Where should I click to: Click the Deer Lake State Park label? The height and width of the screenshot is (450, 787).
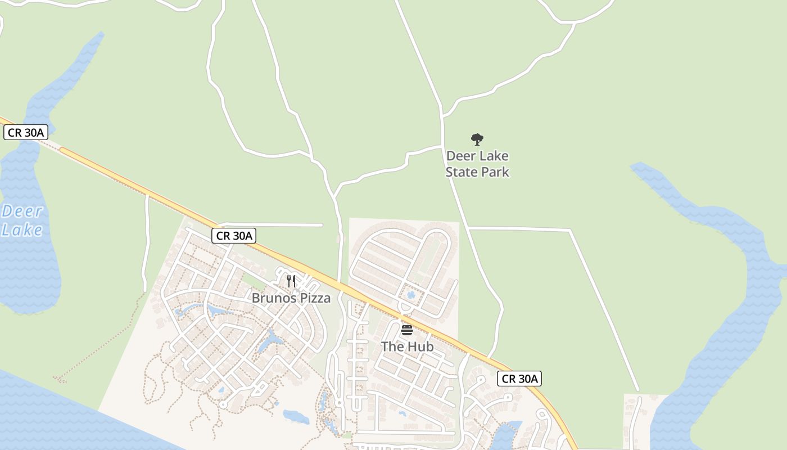click(477, 164)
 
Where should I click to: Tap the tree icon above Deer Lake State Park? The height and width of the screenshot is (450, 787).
click(477, 139)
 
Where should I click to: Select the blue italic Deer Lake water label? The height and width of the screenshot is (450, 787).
click(22, 220)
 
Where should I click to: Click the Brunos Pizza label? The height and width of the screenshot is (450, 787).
click(291, 298)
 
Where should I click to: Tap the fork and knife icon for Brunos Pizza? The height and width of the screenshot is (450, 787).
click(291, 281)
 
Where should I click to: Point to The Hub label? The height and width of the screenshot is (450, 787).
click(408, 346)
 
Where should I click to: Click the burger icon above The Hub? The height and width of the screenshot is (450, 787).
click(407, 330)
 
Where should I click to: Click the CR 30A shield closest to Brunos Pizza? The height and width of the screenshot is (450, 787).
click(234, 236)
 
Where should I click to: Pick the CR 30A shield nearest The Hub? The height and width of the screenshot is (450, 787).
click(519, 379)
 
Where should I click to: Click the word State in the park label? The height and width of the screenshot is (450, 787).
click(463, 172)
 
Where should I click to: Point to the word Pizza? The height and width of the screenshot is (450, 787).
click(315, 298)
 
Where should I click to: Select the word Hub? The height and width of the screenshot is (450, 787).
click(421, 346)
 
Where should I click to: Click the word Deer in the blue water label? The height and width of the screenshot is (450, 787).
click(22, 211)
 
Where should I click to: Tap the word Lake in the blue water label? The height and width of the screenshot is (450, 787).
click(22, 229)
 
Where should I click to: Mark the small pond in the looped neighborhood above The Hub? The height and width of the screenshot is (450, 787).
click(411, 294)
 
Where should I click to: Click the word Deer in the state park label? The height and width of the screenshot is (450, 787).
click(460, 156)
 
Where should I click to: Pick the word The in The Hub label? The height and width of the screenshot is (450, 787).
click(392, 346)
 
